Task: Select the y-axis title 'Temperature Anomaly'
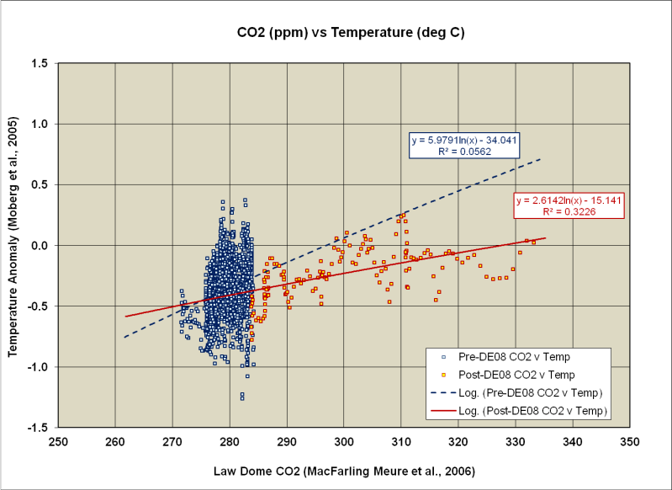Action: pyautogui.click(x=14, y=245)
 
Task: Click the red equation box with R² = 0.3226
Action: pyautogui.click(x=569, y=206)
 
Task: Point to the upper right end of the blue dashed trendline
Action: pyautogui.click(x=541, y=158)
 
